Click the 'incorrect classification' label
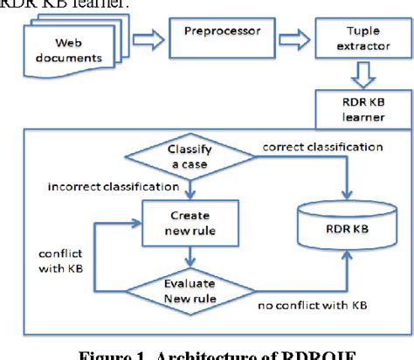[x=103, y=186]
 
